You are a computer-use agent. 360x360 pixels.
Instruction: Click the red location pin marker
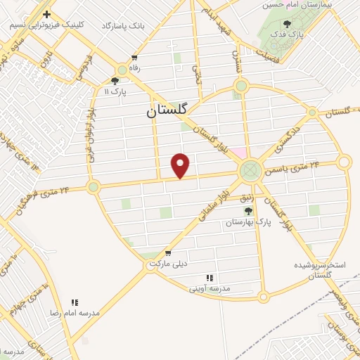(x=181, y=165)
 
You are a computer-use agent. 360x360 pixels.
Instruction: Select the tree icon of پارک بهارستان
(x=247, y=210)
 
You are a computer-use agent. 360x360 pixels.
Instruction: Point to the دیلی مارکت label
(x=168, y=263)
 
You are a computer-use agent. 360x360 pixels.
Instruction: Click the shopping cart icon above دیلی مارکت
(x=168, y=252)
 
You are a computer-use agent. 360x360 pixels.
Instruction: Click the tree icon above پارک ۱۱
(x=115, y=81)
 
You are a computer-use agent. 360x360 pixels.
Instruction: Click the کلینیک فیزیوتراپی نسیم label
(x=46, y=25)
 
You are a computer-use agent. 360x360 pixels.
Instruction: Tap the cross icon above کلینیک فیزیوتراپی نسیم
(x=46, y=14)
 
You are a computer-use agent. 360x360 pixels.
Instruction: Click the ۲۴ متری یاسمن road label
(x=291, y=167)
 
